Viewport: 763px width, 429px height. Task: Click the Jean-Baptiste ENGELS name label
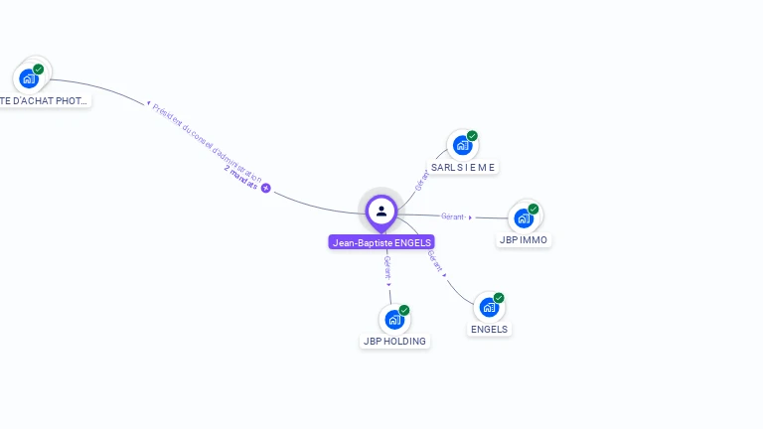(381, 242)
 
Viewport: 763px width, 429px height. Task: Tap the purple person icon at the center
(381, 211)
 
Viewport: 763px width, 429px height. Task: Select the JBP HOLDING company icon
(394, 320)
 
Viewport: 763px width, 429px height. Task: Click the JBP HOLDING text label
(394, 342)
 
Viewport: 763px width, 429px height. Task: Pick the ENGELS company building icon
(489, 308)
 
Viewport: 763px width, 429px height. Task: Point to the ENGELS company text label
(489, 330)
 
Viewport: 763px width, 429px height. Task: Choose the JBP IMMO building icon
(524, 218)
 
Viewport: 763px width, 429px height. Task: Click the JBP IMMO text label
(524, 240)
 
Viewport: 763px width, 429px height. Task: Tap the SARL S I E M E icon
(462, 145)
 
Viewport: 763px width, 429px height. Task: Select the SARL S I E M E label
(463, 167)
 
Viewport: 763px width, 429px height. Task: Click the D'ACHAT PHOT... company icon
(29, 77)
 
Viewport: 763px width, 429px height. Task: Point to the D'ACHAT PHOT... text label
(44, 100)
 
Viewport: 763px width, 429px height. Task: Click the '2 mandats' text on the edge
(240, 179)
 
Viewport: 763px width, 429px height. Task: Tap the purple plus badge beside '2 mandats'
(265, 188)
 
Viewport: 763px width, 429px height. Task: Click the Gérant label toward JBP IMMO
(454, 215)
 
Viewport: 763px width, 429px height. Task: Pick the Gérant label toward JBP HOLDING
(386, 266)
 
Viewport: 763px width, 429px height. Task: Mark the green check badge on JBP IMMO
(534, 209)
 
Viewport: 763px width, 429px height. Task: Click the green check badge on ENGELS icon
(499, 298)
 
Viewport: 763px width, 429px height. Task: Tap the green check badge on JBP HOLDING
(404, 310)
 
